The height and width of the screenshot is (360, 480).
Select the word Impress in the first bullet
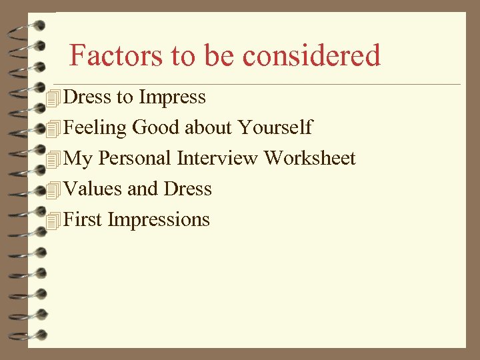[x=172, y=97]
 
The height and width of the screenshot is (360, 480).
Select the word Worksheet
[x=310, y=158]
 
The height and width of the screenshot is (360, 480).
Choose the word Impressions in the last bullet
[x=159, y=220]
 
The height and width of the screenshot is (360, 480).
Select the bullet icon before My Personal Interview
[x=55, y=159]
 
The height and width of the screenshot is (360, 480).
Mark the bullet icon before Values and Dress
[x=55, y=190]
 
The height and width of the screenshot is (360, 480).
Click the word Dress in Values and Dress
[x=187, y=189]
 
